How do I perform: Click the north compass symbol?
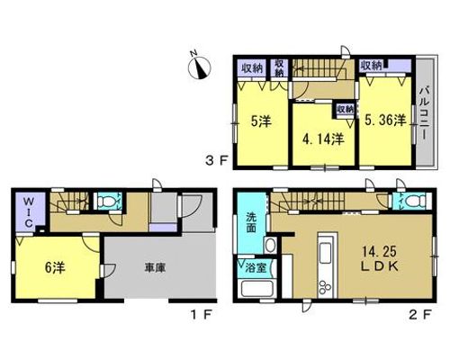[x=199, y=67]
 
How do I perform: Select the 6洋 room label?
[x=55, y=267]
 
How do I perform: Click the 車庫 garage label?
[x=155, y=267]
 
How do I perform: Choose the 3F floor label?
[x=215, y=161]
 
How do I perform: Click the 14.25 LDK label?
[x=380, y=259]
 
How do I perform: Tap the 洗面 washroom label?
[x=251, y=222]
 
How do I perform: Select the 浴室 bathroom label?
[x=256, y=267]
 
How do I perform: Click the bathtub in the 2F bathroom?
[x=256, y=288]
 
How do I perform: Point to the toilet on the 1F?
[x=107, y=202]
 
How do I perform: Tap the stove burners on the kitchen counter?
[x=325, y=287]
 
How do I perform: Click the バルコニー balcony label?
[x=425, y=113]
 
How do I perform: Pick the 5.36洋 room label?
[x=385, y=121]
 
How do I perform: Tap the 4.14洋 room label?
[x=323, y=139]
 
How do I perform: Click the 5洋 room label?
[x=261, y=121]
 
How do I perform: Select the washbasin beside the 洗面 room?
[x=270, y=245]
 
